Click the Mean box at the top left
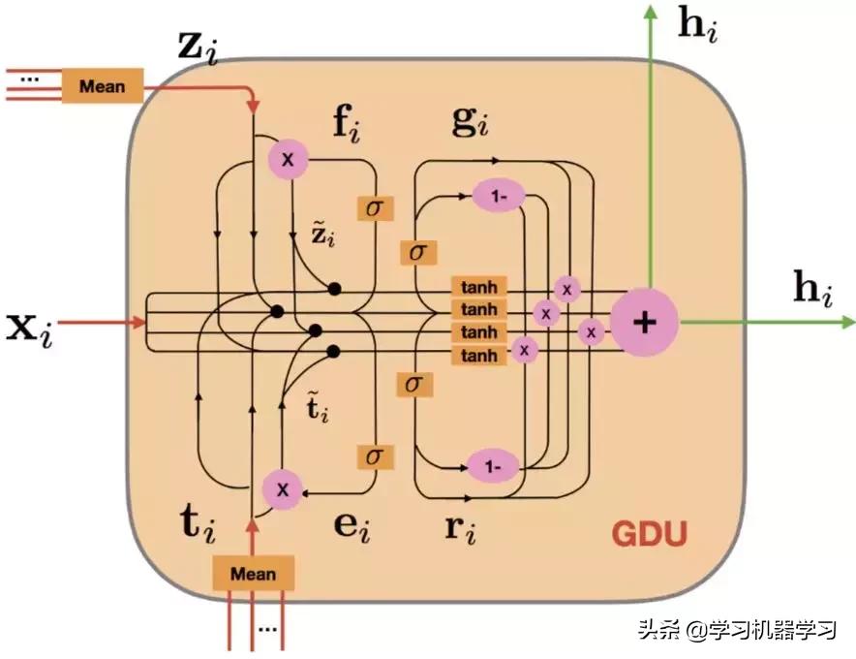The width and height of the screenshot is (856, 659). tap(102, 85)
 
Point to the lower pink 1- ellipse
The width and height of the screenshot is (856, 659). tap(494, 466)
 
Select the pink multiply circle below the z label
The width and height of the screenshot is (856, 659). tap(288, 157)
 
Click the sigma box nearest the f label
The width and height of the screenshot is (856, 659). tap(373, 206)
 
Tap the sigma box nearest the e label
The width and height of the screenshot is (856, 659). tap(373, 455)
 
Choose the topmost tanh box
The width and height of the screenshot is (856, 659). tap(478, 287)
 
